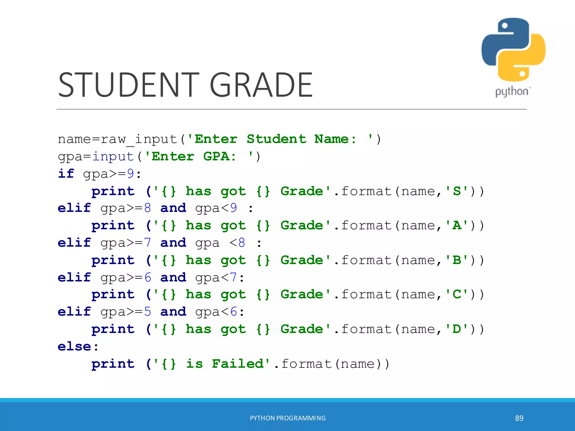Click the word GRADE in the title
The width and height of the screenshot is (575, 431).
tap(261, 85)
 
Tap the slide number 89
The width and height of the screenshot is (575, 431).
tap(519, 418)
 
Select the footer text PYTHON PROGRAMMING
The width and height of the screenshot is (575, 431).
tap(288, 418)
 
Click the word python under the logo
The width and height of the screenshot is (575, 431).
tap(512, 92)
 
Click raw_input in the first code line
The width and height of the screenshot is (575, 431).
tap(139, 139)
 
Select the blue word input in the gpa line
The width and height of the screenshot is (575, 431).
tap(113, 157)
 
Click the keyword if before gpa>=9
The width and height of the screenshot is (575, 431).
tap(66, 174)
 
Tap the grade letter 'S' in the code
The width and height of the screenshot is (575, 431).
tap(457, 191)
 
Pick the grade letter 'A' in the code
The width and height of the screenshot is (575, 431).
tap(457, 226)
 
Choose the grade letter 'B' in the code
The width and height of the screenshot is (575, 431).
tap(457, 260)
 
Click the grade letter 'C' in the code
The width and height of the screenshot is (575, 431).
tap(457, 295)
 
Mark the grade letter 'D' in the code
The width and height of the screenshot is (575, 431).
tap(457, 329)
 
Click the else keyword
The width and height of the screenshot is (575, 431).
tap(74, 347)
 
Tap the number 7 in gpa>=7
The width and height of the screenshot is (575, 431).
tap(148, 243)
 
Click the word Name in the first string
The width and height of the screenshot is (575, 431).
tap(331, 139)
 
